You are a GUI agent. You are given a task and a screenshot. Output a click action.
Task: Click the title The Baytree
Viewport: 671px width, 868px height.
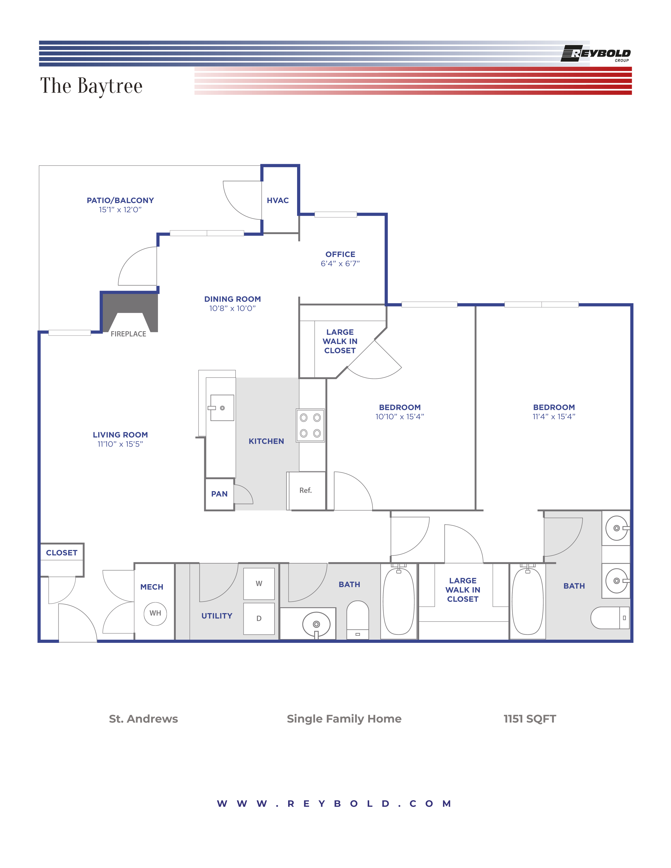point(91,86)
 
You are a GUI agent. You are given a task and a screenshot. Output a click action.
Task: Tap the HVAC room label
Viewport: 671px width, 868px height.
point(277,200)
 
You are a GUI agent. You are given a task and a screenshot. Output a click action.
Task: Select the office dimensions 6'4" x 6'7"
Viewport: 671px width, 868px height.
point(340,264)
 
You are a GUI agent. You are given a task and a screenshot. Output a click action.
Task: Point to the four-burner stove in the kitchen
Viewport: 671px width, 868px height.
point(310,425)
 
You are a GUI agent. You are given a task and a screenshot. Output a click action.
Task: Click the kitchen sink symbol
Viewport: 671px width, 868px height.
point(222,408)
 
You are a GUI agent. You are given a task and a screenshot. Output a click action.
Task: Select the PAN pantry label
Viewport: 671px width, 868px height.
point(219,494)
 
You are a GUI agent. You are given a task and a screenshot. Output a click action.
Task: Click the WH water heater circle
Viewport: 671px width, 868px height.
point(155,613)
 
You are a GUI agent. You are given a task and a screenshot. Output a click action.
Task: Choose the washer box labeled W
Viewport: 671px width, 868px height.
point(259,583)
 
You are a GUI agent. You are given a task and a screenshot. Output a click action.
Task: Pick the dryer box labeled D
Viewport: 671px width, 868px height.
point(259,618)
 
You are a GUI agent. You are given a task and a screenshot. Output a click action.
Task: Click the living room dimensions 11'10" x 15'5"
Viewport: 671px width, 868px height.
point(120,444)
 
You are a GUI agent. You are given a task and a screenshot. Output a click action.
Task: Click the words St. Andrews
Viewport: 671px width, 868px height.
point(143,719)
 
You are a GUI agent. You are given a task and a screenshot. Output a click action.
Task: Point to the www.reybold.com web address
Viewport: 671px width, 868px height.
point(334,804)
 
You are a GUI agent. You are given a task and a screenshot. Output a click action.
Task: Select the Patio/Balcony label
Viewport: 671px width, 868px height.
point(120,200)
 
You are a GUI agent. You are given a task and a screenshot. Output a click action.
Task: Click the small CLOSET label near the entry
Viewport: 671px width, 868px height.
point(62,553)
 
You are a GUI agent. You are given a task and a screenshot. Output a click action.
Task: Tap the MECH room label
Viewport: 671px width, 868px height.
point(152,587)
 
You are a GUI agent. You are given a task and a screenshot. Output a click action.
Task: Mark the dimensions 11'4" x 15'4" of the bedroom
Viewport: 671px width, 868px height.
point(554,417)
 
